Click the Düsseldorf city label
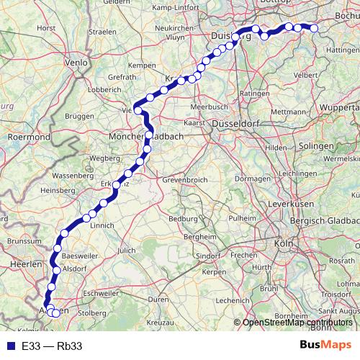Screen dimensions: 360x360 pos(240,124)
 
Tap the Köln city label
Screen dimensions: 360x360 pos(283,244)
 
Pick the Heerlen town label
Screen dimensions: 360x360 pos(26,265)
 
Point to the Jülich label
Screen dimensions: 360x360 pos(127,250)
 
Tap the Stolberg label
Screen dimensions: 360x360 pos(91,313)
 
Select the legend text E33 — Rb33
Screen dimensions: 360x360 pos(52,346)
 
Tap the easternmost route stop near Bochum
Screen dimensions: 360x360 pos(314,29)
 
